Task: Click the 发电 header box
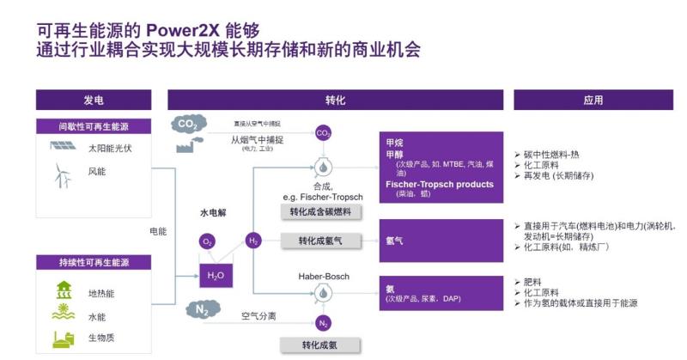pyautogui.click(x=94, y=101)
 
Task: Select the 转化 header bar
pyautogui.click(x=335, y=101)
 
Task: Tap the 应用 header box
pyautogui.click(x=593, y=101)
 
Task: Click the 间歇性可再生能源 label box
pyautogui.click(x=94, y=126)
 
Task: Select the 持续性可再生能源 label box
pyautogui.click(x=94, y=262)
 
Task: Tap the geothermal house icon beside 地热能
pyautogui.click(x=64, y=290)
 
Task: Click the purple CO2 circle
pyautogui.click(x=324, y=133)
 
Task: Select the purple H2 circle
pyautogui.click(x=253, y=241)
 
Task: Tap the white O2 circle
pyautogui.click(x=208, y=242)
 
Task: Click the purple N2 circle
pyautogui.click(x=324, y=323)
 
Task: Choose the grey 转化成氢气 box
pyautogui.click(x=320, y=241)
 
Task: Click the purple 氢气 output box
pyautogui.click(x=441, y=241)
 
